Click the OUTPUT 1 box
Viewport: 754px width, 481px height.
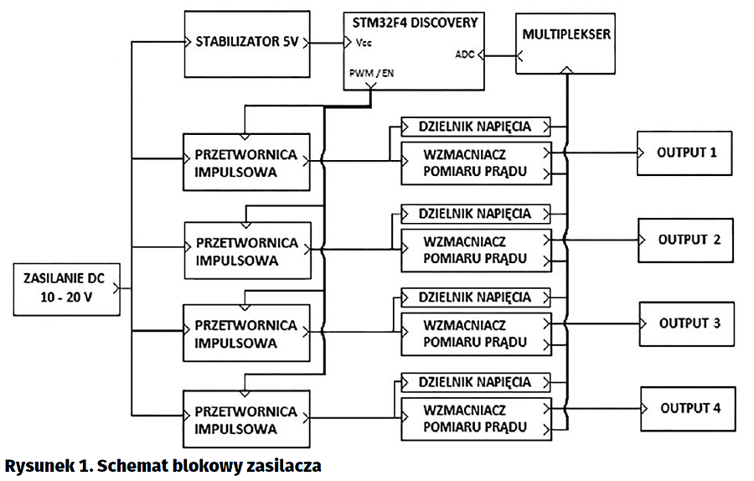coord(688,153)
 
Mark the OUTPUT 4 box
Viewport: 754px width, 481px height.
coord(689,409)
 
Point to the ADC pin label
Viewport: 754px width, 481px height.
coord(464,55)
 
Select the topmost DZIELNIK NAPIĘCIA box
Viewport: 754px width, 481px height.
coord(475,127)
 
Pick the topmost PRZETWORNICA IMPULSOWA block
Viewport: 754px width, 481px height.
coord(246,163)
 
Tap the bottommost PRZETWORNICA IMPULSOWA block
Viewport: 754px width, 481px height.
coord(246,420)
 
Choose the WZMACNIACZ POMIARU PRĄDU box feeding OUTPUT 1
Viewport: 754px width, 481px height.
coord(475,163)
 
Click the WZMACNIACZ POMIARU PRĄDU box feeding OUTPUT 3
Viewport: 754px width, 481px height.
coord(475,333)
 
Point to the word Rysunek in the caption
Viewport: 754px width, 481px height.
coord(35,463)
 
